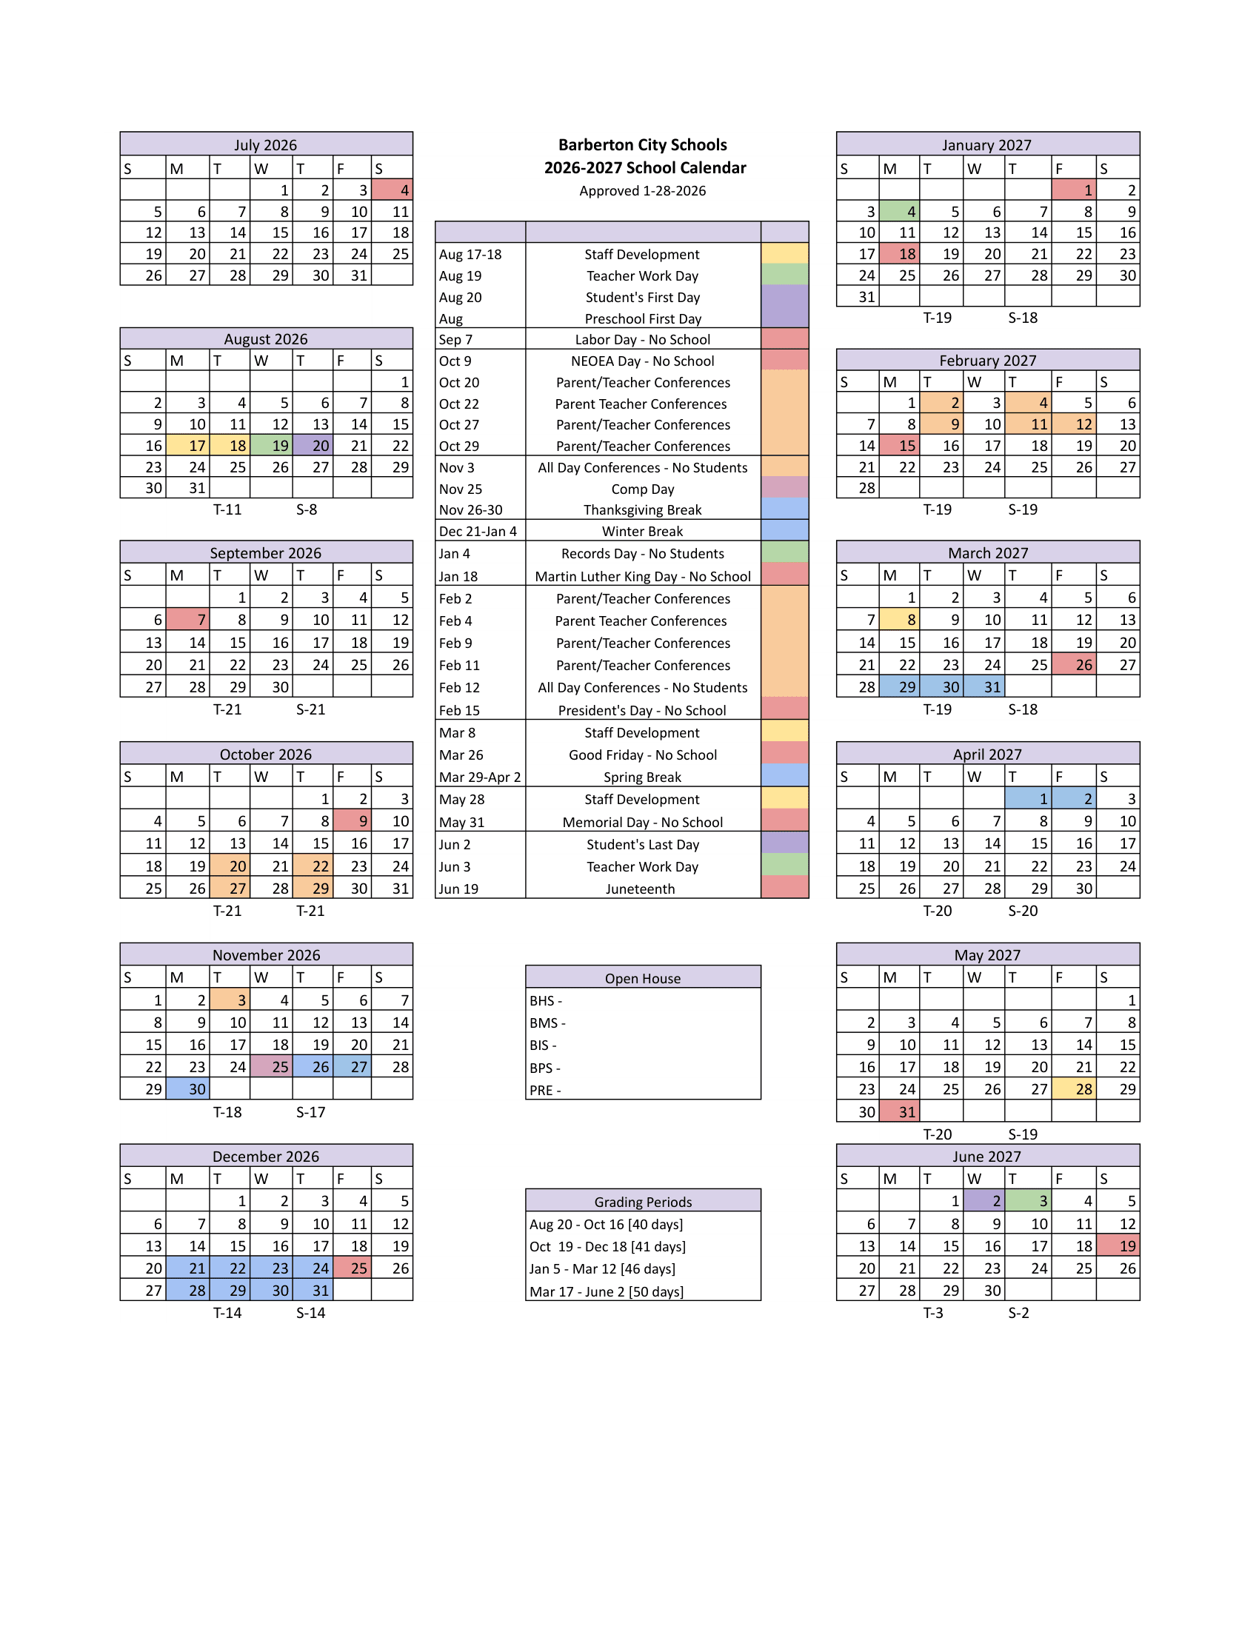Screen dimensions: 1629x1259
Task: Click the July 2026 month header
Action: tap(266, 144)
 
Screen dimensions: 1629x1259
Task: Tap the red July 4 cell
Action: tap(392, 190)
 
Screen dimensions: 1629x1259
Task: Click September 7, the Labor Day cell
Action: tap(187, 619)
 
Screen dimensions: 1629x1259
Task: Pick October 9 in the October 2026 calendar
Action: tap(352, 820)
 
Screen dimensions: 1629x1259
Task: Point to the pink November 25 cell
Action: tap(271, 1066)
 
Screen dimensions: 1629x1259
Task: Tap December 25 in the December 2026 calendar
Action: tap(352, 1268)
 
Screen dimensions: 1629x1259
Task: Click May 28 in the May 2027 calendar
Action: tap(1073, 1089)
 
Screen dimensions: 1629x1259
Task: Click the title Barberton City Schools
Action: tap(642, 144)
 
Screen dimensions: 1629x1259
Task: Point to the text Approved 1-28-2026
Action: tap(642, 191)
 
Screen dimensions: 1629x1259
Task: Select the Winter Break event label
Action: tap(642, 531)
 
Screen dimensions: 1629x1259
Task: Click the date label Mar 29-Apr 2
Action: tap(480, 777)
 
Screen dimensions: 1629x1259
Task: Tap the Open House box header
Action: tap(642, 978)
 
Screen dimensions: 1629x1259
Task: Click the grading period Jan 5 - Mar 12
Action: tap(602, 1268)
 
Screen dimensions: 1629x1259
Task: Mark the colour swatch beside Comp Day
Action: tap(784, 489)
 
